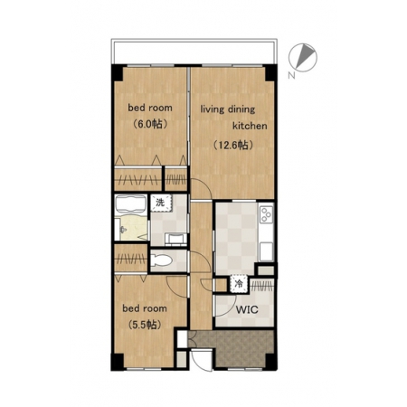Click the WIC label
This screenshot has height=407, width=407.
(247, 309)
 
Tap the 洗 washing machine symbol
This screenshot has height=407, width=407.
(161, 203)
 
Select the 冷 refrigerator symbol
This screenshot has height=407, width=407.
(239, 284)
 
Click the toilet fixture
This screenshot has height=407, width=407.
(161, 260)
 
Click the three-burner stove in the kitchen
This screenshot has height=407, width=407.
(267, 214)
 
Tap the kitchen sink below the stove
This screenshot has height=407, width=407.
(266, 251)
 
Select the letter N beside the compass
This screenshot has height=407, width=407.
(291, 75)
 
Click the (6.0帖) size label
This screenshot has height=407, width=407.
(150, 124)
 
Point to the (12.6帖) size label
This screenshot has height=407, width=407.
(232, 145)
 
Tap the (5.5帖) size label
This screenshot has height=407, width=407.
(145, 325)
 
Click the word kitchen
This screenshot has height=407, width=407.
(250, 126)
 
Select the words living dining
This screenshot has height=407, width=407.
(228, 109)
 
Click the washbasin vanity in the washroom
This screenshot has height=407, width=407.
(176, 240)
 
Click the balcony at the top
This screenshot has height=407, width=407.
(194, 52)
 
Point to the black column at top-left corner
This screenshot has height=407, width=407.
(118, 72)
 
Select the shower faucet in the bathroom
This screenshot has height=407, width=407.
(122, 230)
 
